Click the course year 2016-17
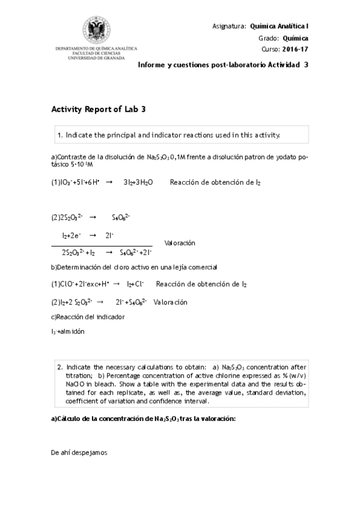[294, 49]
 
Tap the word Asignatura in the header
[229, 26]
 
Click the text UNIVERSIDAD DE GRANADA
[96, 58]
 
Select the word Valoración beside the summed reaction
[180, 242]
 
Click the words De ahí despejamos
[79, 452]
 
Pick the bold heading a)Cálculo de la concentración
[143, 419]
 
